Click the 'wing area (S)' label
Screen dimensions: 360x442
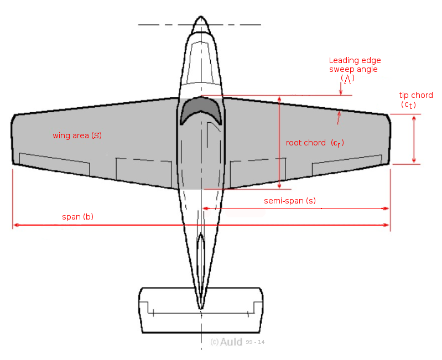click(x=77, y=135)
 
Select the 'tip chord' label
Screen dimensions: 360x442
click(x=415, y=96)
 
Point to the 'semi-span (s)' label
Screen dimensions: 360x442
click(x=289, y=201)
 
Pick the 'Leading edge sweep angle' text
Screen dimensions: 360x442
click(x=355, y=65)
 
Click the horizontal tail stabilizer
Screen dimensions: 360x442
click(x=200, y=310)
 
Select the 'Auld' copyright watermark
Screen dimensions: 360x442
click(x=231, y=342)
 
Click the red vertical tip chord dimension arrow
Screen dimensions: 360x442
click(x=414, y=139)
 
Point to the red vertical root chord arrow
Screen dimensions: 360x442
click(x=279, y=142)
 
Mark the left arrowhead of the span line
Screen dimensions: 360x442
click(x=15, y=225)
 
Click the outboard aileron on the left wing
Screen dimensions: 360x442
click(x=54, y=163)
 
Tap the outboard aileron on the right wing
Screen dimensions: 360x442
click(x=346, y=164)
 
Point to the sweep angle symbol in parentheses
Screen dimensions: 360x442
click(x=347, y=79)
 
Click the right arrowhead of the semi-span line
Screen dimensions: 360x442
click(x=387, y=208)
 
